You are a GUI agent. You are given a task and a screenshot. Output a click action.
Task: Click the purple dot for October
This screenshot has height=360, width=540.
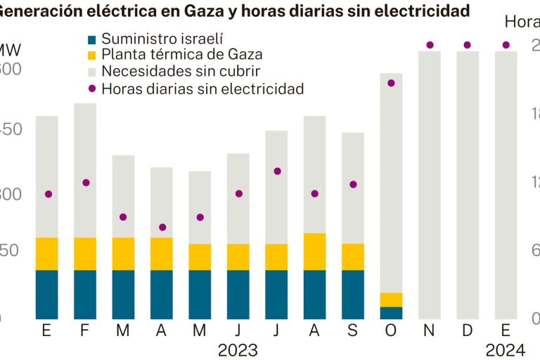pos(391,83)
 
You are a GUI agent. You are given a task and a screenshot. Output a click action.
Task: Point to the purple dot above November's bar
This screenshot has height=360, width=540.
pos(430,45)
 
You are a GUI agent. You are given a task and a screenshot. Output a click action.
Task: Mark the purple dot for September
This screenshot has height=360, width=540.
pos(353,184)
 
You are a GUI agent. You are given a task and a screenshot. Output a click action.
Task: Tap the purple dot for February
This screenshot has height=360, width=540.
pos(86,183)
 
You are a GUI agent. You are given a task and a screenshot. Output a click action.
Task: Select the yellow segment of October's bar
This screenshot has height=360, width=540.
pos(391,300)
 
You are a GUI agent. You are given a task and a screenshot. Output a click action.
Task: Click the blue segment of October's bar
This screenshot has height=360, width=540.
pos(391,313)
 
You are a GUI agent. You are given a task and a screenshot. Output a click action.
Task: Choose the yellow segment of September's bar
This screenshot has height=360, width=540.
pos(353,257)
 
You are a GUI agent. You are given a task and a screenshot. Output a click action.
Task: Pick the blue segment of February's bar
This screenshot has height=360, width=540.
pos(85,294)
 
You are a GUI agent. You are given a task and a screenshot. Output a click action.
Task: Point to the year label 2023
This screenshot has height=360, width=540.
pos(238,350)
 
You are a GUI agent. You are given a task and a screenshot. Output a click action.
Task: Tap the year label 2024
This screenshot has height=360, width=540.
pos(506,350)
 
